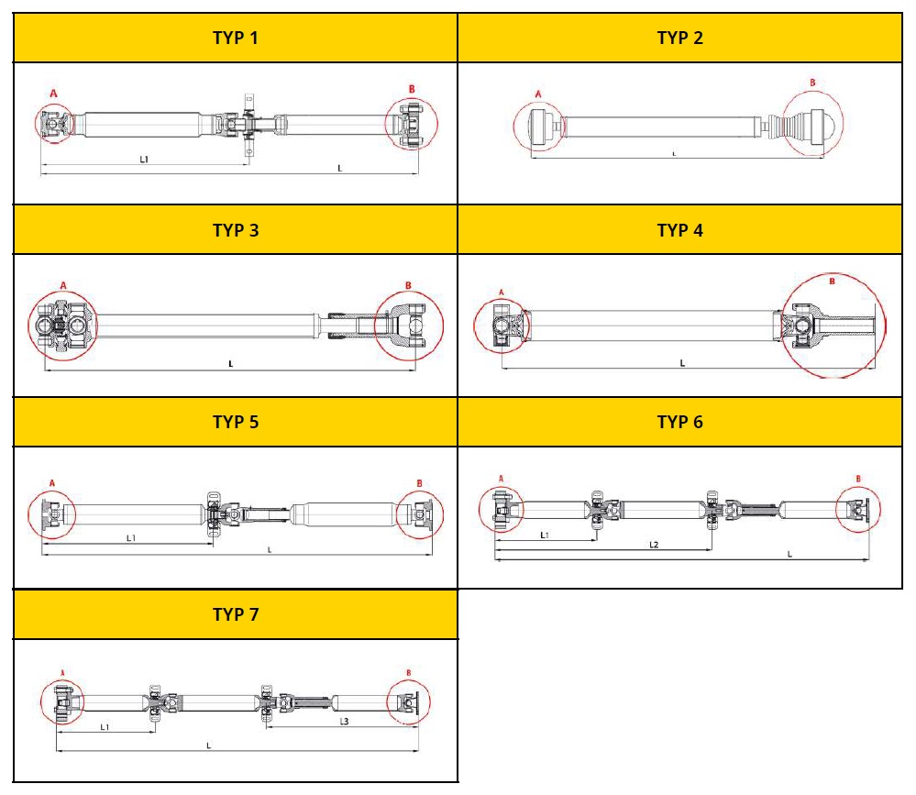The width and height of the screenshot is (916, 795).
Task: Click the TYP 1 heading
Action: [236, 38]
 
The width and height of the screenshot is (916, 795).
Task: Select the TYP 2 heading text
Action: [679, 38]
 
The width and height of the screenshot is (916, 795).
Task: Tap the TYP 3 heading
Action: [236, 229]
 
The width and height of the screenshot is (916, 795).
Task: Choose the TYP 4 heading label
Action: [679, 229]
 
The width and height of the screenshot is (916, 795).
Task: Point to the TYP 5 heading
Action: [236, 422]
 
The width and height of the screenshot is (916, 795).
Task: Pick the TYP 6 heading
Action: [679, 422]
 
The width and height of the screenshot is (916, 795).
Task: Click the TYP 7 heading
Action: [236, 614]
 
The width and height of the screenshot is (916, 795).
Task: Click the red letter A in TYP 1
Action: [53, 94]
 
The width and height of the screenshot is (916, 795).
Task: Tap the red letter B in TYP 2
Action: [812, 83]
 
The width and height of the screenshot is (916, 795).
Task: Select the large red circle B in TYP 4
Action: [833, 326]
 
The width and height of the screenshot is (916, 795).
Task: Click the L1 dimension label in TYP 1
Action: [144, 159]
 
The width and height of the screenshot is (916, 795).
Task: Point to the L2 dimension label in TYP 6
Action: [654, 545]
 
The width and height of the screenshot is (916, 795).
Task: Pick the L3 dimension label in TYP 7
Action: [344, 722]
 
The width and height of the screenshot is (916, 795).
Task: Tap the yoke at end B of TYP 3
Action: [408, 326]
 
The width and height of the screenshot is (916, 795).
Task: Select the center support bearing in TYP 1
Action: [247, 124]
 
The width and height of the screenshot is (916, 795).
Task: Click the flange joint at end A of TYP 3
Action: [61, 326]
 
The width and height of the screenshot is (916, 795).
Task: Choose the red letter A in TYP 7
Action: [62, 671]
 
